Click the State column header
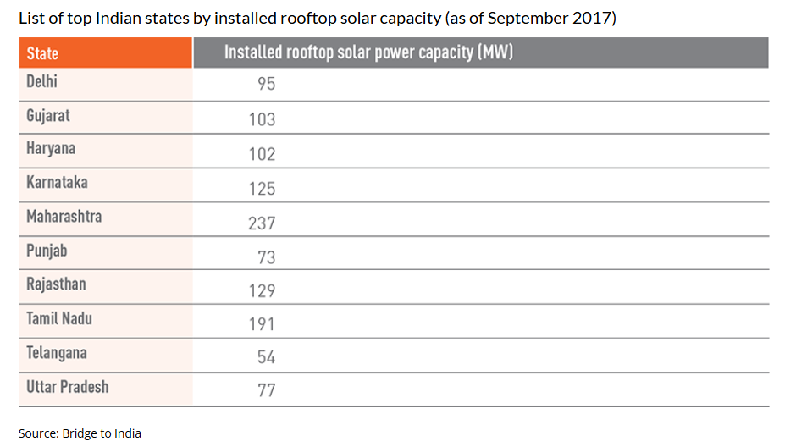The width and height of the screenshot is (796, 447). pos(42,53)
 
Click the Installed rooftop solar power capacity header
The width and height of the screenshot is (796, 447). pos(368,52)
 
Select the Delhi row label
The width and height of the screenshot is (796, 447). pos(41,82)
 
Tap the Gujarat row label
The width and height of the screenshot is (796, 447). pos(48,115)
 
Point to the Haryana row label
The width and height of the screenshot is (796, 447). pos(51,149)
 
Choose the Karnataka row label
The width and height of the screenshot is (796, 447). pos(57,183)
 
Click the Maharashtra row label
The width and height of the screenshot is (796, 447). pos(64,217)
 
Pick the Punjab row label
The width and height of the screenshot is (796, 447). pos(47,251)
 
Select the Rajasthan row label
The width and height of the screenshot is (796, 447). pos(56,284)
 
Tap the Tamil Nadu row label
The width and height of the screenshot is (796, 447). pos(59,319)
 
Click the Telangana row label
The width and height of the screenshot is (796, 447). pos(57,353)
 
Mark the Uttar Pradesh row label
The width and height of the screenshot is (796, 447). pos(68,387)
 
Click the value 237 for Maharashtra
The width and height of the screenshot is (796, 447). pos(262,223)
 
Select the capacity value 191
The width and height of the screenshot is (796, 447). pos(262,324)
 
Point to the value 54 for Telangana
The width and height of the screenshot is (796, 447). pos(266,358)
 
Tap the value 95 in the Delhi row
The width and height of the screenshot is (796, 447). pos(266,85)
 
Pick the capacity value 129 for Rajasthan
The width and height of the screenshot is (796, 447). pos(262,290)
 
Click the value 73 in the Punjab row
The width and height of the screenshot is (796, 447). pos(266,257)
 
